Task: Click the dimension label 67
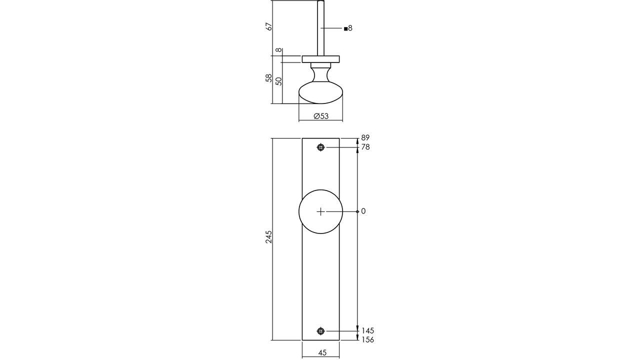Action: click(269, 27)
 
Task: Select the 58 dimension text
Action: click(269, 78)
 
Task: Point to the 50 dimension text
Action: click(279, 81)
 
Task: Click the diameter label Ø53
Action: click(321, 116)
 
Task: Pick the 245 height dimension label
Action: click(269, 236)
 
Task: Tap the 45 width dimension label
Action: click(322, 353)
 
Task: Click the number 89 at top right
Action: click(365, 137)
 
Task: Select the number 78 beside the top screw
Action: click(365, 147)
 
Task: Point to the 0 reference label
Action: click(363, 211)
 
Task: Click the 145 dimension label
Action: click(367, 330)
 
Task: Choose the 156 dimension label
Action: click(367, 340)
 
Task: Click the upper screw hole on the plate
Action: click(320, 147)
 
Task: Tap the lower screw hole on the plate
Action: click(320, 330)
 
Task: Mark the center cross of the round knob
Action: click(320, 211)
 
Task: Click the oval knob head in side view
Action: click(320, 94)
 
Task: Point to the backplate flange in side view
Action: click(320, 59)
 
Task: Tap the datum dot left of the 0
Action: click(357, 211)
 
